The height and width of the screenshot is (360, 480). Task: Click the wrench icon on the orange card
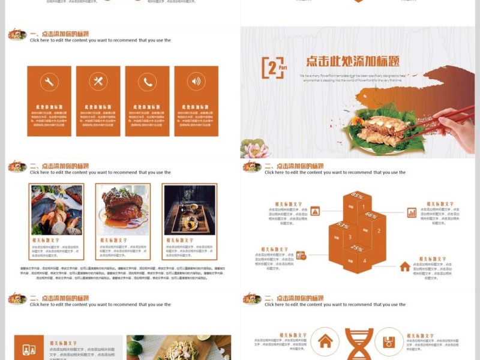pyautogui.click(x=49, y=82)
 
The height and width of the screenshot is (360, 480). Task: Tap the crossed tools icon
pyautogui.click(x=98, y=82)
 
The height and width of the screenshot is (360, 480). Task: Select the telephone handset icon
pyautogui.click(x=147, y=82)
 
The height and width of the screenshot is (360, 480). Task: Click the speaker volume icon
pyautogui.click(x=196, y=82)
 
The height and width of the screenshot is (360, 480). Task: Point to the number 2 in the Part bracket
pyautogui.click(x=272, y=68)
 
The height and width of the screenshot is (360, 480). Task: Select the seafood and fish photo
pyautogui.click(x=56, y=210)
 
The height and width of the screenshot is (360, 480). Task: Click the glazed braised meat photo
pyautogui.click(x=122, y=210)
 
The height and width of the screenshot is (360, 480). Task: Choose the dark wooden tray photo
pyautogui.click(x=189, y=210)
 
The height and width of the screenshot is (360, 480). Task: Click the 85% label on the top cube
pyautogui.click(x=358, y=196)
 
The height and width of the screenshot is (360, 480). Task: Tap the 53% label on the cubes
pyautogui.click(x=343, y=226)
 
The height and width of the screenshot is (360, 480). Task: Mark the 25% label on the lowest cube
pyautogui.click(x=357, y=248)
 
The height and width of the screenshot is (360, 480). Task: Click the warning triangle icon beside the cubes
pyautogui.click(x=315, y=211)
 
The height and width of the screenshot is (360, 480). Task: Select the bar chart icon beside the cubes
pyautogui.click(x=412, y=212)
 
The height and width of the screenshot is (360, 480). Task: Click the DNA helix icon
pyautogui.click(x=359, y=343)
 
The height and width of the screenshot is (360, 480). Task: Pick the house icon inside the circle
pyautogui.click(x=325, y=341)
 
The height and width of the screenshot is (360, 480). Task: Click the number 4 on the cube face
pyautogui.click(x=364, y=261)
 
